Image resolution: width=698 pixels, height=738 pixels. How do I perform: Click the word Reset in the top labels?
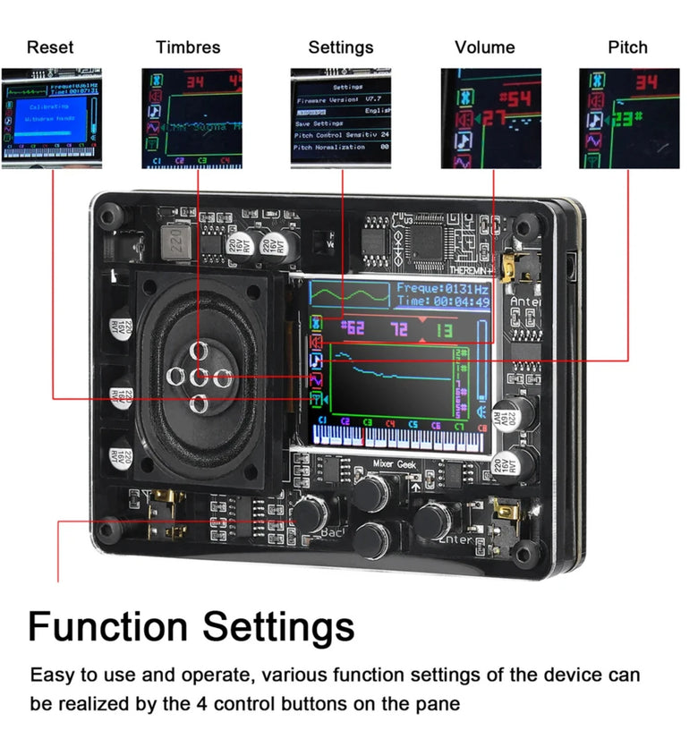(50, 47)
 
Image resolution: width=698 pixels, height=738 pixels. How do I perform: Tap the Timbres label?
(188, 47)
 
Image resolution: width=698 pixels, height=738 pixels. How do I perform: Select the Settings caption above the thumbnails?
(341, 47)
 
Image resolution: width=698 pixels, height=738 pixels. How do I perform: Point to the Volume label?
(485, 47)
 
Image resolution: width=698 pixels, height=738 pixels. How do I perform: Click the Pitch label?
(627, 47)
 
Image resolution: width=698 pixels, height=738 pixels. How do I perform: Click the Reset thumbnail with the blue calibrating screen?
(51, 118)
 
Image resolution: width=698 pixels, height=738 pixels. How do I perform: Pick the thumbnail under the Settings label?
(341, 118)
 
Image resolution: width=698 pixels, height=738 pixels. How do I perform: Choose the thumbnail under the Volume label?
(490, 118)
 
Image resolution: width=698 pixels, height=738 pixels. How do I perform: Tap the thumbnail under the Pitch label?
(628, 118)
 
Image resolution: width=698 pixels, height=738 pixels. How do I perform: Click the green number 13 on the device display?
(444, 330)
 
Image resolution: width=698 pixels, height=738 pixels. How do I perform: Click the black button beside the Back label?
(311, 513)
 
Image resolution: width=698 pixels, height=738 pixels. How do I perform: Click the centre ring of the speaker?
(200, 377)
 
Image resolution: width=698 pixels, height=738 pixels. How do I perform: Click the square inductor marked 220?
(175, 240)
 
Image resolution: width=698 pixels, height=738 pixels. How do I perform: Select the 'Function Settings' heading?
(191, 626)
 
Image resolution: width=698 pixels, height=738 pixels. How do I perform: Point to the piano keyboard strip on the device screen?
(400, 437)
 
